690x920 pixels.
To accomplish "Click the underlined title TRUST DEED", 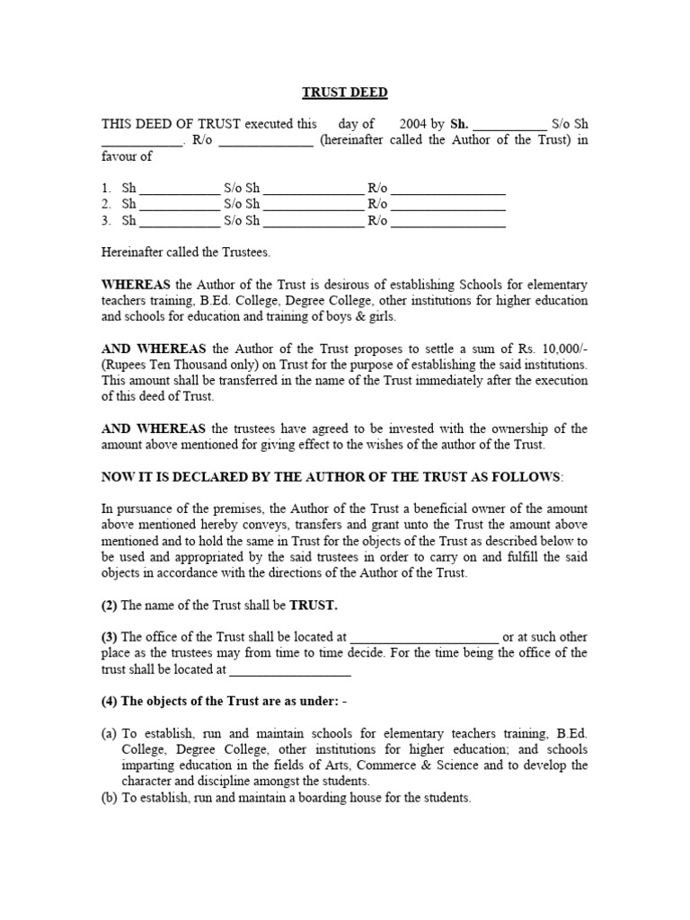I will click(343, 93).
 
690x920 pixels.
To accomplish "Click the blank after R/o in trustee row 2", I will click(448, 206).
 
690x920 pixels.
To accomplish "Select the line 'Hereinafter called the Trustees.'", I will click(186, 253).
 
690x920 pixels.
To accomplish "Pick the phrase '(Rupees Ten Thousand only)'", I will click(180, 365).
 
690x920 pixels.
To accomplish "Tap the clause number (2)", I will click(110, 605).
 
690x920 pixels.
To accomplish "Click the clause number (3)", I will click(110, 637).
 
